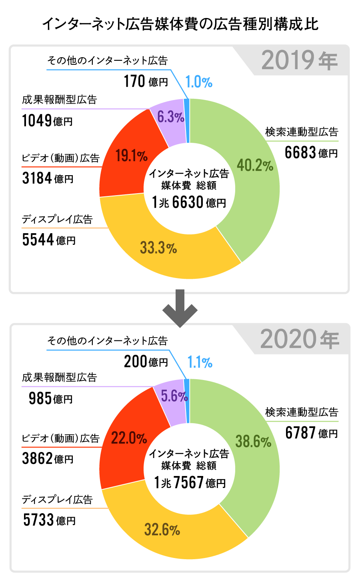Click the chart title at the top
[180, 24]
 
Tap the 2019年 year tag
[300, 61]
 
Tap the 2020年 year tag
[300, 340]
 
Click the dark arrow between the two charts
[180, 308]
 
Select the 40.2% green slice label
[255, 165]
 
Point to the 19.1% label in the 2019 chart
[132, 156]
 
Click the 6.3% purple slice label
[170, 117]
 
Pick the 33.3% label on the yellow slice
[158, 248]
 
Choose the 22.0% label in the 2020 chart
[129, 438]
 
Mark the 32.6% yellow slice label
[162, 530]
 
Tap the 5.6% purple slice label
[174, 396]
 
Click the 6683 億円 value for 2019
[311, 152]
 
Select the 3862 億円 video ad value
[48, 458]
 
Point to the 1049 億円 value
[47, 120]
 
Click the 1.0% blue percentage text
[199, 82]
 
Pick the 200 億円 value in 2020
[146, 362]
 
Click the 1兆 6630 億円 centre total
[189, 202]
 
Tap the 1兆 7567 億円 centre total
[190, 483]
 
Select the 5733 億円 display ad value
[49, 520]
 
